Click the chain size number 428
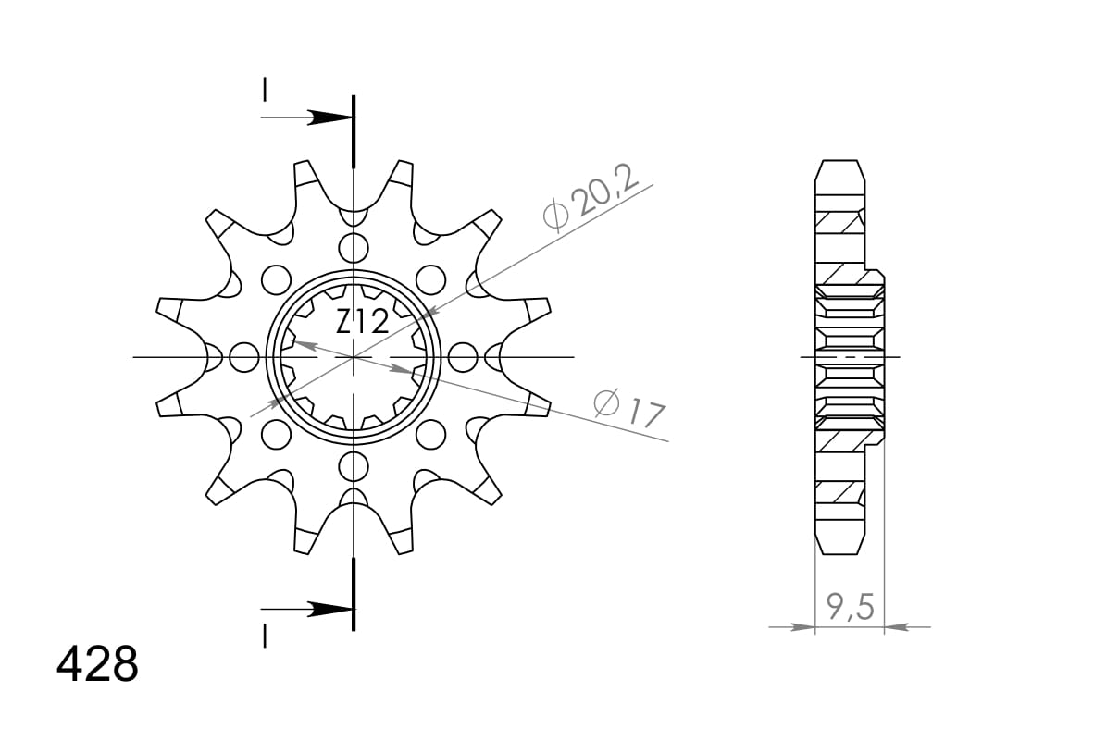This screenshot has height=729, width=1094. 97,663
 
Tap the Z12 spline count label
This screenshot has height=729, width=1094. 362,323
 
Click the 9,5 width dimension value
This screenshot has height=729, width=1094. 849,608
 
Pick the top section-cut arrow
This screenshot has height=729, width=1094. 329,117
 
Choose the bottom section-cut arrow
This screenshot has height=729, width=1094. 329,610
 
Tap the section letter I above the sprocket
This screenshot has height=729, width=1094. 265,90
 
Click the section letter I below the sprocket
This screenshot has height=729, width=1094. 265,636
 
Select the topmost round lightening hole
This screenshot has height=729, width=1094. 353,248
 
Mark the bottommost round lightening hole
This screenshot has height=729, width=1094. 353,464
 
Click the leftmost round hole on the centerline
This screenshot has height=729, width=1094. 243,356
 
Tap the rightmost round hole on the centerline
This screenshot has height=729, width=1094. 462,356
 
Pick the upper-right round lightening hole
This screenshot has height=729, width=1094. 430,278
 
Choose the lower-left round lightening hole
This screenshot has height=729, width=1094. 275,434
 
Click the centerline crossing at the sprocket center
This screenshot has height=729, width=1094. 353,356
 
